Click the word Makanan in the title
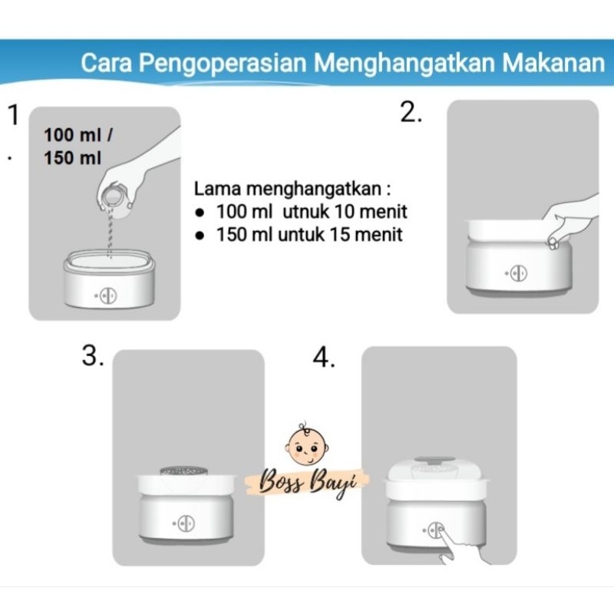tap(553, 63)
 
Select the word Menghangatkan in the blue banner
tap(404, 64)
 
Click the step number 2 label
tap(411, 112)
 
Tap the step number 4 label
tap(323, 358)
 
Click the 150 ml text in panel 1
tap(72, 158)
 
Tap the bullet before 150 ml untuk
tap(200, 236)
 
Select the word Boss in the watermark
tap(282, 482)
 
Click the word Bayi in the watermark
tap(333, 484)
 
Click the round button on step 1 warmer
tap(107, 296)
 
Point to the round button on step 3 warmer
tap(186, 523)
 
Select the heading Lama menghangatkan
tap(292, 189)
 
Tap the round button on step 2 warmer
tap(518, 273)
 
